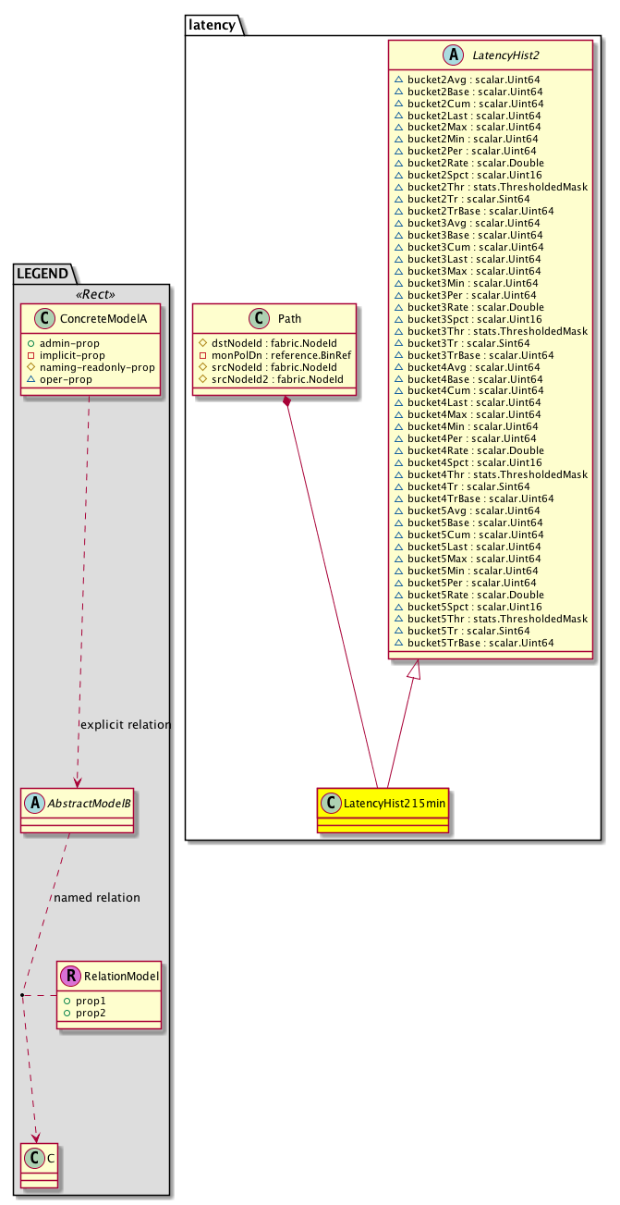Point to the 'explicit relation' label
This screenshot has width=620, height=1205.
coord(126,725)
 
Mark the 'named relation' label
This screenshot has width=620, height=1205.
coord(97,897)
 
